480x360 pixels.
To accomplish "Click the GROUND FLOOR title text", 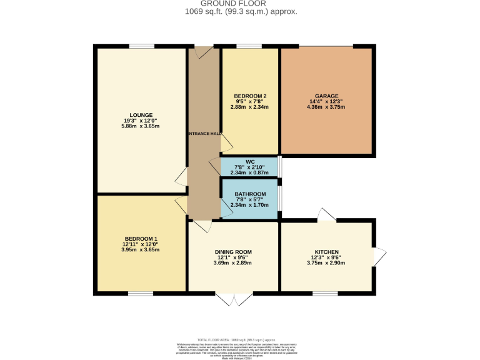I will point(241,4).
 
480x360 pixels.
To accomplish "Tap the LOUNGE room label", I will point(141,114).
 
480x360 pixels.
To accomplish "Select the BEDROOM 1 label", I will point(141,238).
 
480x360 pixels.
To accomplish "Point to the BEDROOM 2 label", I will point(250,96).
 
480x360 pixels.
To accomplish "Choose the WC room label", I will point(250,161).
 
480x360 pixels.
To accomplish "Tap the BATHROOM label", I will point(250,194).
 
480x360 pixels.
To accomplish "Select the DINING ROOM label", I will point(234,251).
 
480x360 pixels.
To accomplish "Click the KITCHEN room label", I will point(327,251).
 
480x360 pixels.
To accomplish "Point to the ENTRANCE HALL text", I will point(204,133).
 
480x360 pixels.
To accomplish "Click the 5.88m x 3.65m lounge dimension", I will point(141,127).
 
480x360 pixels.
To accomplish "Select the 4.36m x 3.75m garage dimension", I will point(327,107).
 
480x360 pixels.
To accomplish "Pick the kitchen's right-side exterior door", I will point(379,254).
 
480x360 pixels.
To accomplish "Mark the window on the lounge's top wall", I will point(142,46).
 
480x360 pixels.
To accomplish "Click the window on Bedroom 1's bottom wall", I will point(141,292).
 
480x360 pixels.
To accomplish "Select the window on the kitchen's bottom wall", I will point(325,292).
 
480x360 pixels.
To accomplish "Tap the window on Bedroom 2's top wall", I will point(249,46).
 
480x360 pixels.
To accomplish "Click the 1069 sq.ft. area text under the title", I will point(241,12).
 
